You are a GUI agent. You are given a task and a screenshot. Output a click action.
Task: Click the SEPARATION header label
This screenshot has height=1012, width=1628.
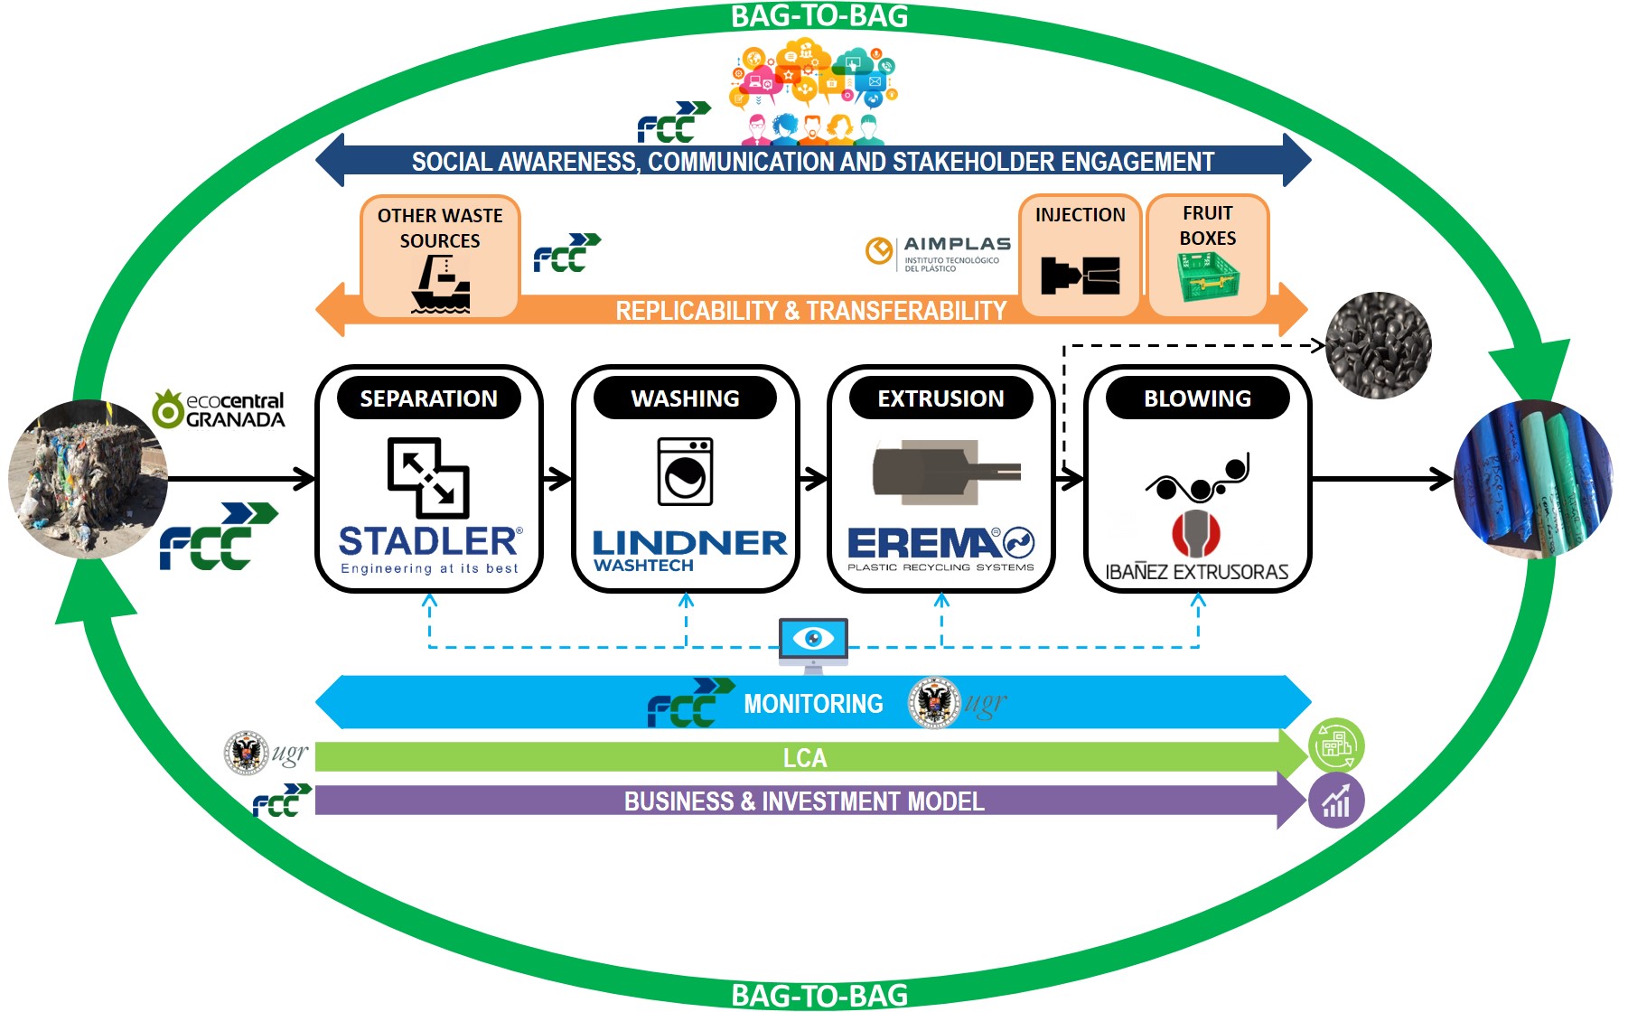(428, 398)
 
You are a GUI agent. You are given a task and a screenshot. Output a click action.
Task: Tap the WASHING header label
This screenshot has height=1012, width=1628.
(685, 398)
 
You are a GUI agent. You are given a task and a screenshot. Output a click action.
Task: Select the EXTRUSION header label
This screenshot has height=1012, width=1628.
(940, 398)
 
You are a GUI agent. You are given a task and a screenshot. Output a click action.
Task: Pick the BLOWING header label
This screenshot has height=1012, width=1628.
(1197, 398)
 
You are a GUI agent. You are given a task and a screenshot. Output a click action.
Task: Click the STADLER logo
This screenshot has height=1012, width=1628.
(429, 548)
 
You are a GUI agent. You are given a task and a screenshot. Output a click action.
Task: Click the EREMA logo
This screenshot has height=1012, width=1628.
(940, 548)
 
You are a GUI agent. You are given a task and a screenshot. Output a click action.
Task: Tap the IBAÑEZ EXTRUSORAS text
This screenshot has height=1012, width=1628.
(1197, 572)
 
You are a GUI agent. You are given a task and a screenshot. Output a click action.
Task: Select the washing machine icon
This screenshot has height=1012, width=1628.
(685, 471)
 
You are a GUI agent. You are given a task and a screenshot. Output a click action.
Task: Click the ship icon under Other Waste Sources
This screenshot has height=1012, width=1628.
(440, 284)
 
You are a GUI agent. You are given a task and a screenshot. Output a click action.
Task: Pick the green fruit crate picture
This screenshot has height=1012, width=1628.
(1208, 277)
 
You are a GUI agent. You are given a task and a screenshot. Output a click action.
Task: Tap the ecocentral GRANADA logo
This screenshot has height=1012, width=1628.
(220, 409)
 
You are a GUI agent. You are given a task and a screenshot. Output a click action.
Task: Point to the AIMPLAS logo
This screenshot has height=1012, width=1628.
(938, 253)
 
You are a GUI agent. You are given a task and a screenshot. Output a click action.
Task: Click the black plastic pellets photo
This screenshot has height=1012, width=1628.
(1378, 344)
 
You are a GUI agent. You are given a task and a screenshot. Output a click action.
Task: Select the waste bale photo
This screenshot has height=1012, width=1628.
(88, 478)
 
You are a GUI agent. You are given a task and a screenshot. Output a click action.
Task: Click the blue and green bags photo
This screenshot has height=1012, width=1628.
(1532, 480)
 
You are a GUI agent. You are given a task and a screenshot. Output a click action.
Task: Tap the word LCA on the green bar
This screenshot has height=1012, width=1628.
(804, 758)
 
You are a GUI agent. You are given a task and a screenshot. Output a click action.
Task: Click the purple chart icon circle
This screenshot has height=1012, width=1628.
(1336, 801)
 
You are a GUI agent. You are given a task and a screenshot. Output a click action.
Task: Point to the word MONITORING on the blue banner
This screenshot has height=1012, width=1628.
(813, 704)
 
